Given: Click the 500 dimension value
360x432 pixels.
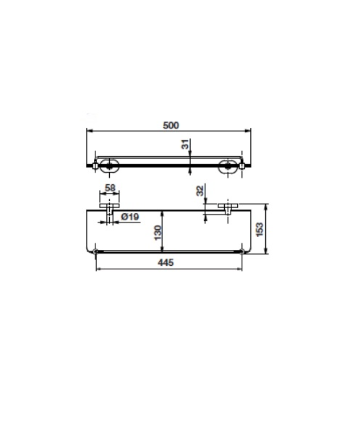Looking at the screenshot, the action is (171, 126).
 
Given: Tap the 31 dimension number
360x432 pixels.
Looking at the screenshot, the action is (186, 144).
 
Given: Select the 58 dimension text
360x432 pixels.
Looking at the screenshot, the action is (110, 188).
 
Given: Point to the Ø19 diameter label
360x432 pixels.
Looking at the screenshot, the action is (130, 217).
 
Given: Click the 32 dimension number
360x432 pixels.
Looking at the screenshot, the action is (200, 191).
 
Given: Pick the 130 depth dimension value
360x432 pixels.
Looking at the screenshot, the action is (158, 233).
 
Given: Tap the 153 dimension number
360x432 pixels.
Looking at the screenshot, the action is (260, 230).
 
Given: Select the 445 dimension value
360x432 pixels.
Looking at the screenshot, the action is (166, 262).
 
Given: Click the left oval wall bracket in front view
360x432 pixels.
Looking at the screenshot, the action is (109, 166).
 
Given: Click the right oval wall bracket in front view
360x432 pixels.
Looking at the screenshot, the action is (228, 166).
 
